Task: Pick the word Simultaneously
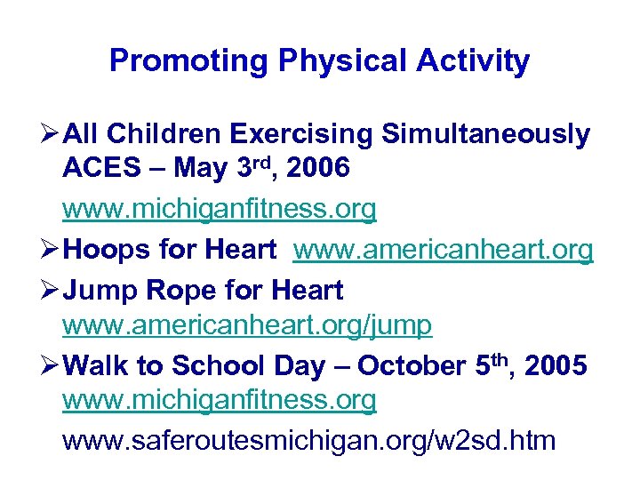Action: coord(485,134)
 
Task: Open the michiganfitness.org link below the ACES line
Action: coord(220,209)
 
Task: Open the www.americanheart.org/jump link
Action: coord(247,326)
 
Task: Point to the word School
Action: coord(220,365)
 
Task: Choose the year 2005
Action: coord(556,365)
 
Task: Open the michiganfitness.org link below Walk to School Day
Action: coord(220,401)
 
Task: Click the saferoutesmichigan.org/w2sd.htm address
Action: coord(308,439)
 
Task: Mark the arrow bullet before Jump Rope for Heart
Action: coord(50,290)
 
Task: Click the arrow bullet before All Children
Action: coord(50,134)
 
